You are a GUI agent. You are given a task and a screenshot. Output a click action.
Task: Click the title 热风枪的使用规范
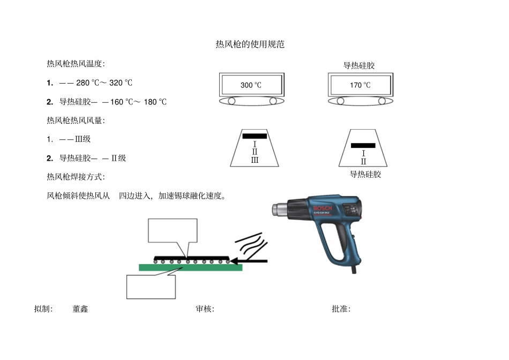[x=250, y=44]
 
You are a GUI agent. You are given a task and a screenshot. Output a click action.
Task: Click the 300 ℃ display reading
[x=251, y=85]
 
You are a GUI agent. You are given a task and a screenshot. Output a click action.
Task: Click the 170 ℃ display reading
[x=360, y=85]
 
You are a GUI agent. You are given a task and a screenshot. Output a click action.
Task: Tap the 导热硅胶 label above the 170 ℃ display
[x=359, y=65]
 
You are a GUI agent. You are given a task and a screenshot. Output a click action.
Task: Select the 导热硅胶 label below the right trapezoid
[x=365, y=174]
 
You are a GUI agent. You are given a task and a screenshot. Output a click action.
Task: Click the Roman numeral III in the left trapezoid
[x=254, y=160]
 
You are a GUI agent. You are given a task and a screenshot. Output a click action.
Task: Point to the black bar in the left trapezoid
[x=254, y=136]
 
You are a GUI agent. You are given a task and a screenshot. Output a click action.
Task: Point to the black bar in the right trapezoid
[x=363, y=145]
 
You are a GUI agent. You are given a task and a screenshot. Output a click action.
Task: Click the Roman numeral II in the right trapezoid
[x=363, y=161]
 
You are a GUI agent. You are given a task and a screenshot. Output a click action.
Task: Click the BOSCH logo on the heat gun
[x=323, y=208]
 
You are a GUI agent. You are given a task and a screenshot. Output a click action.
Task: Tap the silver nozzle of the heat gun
[x=280, y=209]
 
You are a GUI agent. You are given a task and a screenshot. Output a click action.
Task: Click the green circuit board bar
[x=191, y=267]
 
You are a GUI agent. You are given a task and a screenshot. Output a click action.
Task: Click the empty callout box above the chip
[x=173, y=230]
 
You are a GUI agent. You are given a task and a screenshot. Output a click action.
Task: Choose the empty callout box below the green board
[x=151, y=287]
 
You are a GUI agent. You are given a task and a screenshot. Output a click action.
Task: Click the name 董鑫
[x=80, y=309]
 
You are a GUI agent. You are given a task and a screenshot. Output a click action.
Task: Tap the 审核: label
[x=205, y=309]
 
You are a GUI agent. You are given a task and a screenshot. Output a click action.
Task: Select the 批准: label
[x=341, y=309]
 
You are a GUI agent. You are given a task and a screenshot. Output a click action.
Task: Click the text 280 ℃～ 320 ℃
[x=104, y=83]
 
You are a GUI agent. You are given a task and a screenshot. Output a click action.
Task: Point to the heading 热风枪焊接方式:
[x=76, y=177]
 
